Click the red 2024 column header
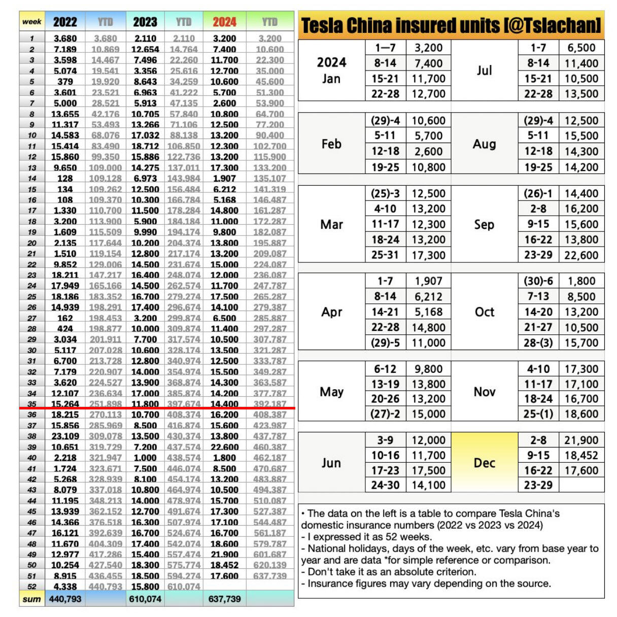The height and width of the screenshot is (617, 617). [x=224, y=22]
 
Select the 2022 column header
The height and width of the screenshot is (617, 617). [x=65, y=22]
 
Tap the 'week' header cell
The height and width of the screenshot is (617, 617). [x=31, y=22]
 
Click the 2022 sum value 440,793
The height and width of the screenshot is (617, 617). [x=65, y=599]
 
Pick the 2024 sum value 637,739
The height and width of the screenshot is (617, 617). [x=224, y=599]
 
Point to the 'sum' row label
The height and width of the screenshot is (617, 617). [x=31, y=599]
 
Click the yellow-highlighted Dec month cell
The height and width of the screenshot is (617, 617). [x=484, y=463]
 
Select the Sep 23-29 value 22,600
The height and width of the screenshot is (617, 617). [x=581, y=255]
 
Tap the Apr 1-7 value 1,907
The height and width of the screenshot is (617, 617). [x=428, y=281]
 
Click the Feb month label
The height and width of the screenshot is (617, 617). [x=331, y=144]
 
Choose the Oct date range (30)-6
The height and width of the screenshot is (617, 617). [x=538, y=281]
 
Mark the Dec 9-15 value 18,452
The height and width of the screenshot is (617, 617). [x=581, y=456]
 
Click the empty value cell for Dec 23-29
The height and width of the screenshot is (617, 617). [x=581, y=485]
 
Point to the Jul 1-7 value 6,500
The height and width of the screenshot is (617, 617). [x=581, y=48]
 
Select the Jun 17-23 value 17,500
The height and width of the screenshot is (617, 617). [x=428, y=470]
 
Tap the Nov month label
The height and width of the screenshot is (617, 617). [x=484, y=392]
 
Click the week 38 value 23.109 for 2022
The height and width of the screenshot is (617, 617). [x=65, y=436]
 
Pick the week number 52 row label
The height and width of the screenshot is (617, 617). [x=31, y=587]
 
